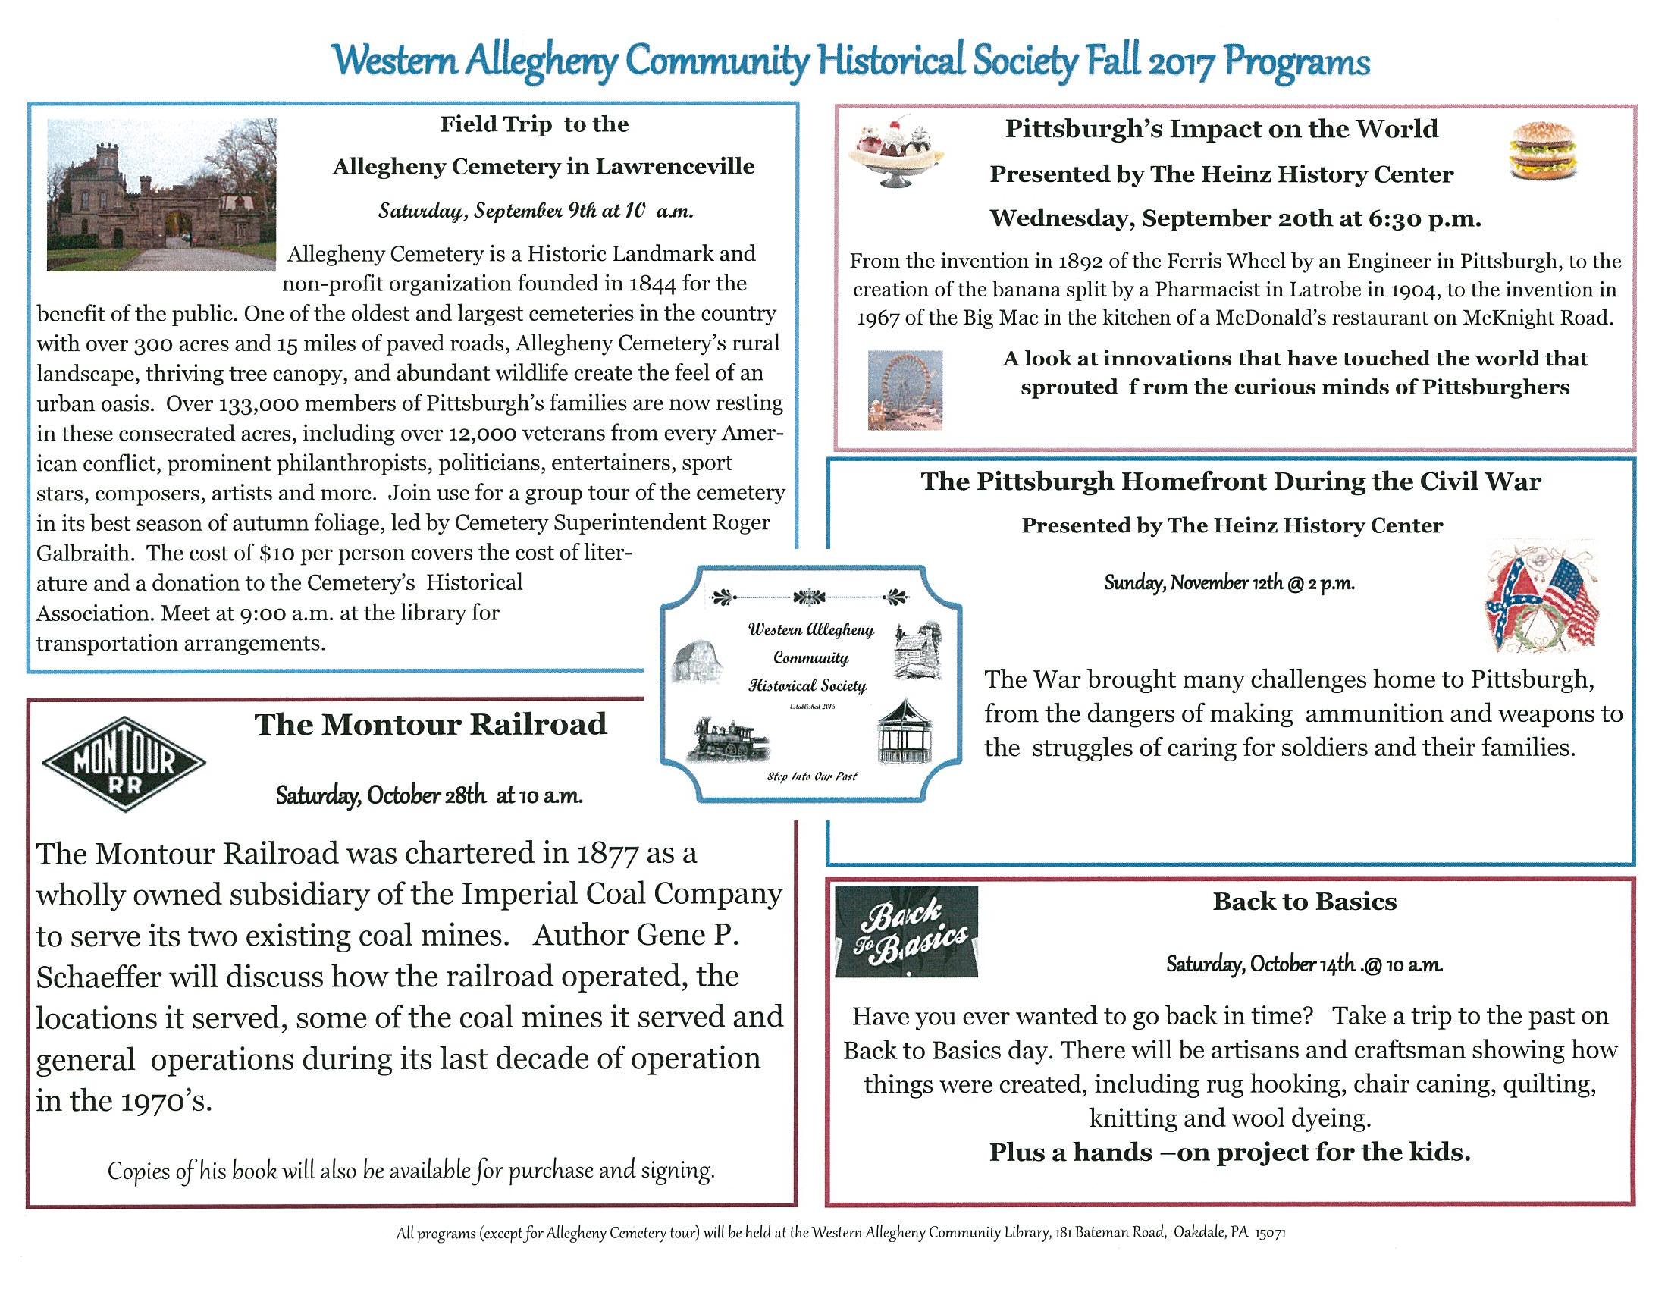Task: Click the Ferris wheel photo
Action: [x=905, y=390]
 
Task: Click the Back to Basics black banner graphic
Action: [x=907, y=933]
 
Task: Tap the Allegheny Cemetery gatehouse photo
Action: [x=161, y=194]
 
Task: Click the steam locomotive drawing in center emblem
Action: [x=727, y=739]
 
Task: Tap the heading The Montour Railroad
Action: [x=430, y=725]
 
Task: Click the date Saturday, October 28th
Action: [x=381, y=795]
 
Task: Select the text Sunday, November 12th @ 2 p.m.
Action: [x=1229, y=583]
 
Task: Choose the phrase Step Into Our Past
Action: [x=811, y=776]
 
